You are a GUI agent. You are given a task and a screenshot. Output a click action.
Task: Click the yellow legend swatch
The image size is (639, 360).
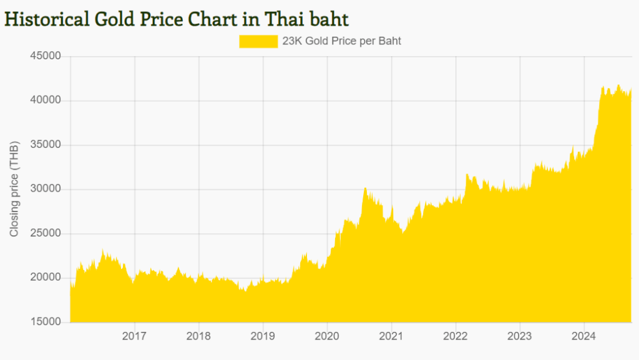[x=258, y=41]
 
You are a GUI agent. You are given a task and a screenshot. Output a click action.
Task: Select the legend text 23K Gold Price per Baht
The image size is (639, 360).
[x=341, y=41]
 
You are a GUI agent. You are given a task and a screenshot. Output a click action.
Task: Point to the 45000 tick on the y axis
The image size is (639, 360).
[x=46, y=56]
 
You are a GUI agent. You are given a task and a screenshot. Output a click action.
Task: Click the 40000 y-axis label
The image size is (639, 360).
[x=46, y=100]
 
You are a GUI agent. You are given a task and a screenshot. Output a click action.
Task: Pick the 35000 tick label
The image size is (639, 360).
[x=46, y=145]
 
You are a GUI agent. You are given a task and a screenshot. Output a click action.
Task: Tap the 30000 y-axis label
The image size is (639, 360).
[x=46, y=189]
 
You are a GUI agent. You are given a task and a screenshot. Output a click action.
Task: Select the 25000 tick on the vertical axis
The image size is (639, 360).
[x=46, y=233]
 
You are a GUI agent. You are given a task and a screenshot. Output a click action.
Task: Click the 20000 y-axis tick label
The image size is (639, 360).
[x=46, y=278]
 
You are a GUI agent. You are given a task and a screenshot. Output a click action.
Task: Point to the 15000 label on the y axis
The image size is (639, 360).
[x=46, y=322]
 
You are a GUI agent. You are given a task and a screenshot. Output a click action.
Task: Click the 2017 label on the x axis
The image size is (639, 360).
[x=134, y=337]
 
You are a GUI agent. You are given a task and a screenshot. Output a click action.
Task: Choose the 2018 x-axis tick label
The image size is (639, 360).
[x=198, y=337]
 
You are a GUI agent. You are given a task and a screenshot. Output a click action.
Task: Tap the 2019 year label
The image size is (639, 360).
[x=263, y=337]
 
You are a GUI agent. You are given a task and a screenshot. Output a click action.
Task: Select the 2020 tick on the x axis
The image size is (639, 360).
[x=327, y=337]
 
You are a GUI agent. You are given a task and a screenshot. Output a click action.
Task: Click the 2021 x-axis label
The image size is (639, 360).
[x=391, y=337]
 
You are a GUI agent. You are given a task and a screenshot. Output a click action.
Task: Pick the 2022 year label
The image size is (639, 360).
[x=456, y=337]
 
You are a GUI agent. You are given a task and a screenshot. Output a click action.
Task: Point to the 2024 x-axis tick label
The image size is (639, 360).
[x=583, y=337]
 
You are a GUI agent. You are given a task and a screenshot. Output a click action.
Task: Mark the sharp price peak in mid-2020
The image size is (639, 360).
[x=365, y=188]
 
